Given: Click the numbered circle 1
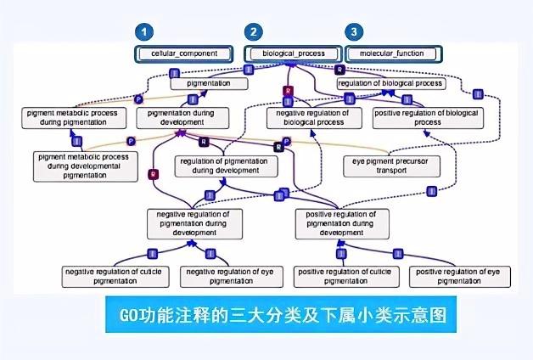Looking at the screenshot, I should (147, 32).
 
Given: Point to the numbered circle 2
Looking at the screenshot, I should (252, 32).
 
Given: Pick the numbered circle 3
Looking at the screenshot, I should (352, 32).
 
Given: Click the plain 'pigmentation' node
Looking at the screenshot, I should (202, 84).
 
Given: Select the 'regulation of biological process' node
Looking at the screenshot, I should (390, 84).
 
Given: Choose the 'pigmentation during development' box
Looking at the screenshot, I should (183, 117).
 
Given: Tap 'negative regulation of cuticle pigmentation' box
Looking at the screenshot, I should (117, 275).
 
